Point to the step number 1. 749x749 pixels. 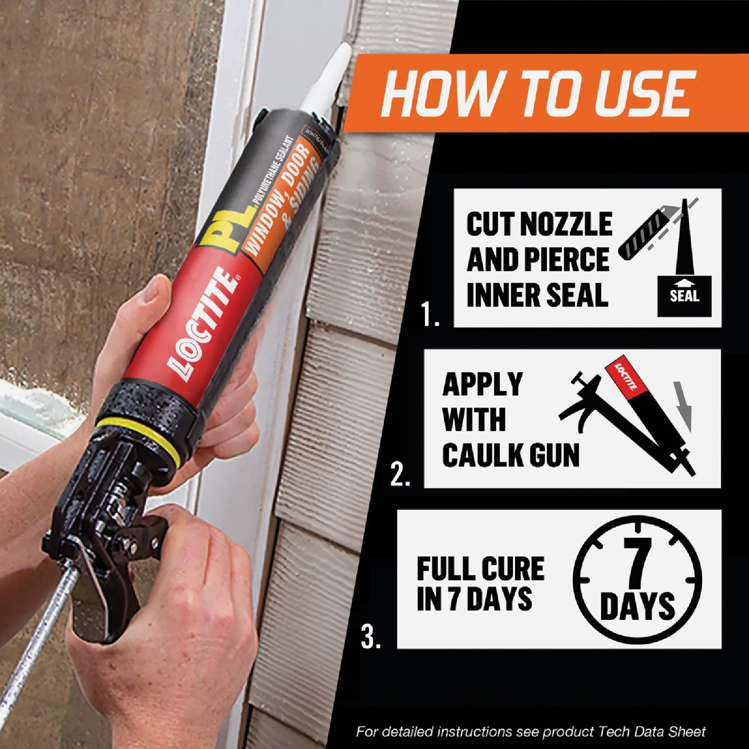(x=429, y=316)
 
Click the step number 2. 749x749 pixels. (x=400, y=476)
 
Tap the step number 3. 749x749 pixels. (x=371, y=638)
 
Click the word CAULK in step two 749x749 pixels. (x=481, y=455)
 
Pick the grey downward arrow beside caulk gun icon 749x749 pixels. (x=685, y=406)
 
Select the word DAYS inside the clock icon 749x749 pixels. (x=637, y=605)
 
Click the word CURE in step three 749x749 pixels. (x=516, y=569)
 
